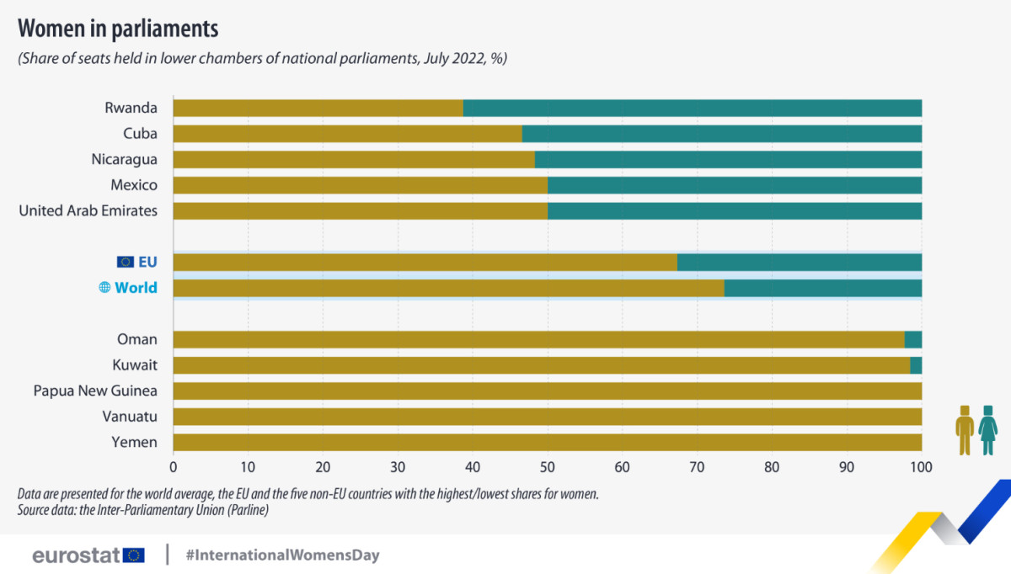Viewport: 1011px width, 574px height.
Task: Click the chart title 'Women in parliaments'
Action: [x=118, y=29]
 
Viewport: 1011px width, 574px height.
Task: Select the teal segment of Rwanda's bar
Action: [x=693, y=109]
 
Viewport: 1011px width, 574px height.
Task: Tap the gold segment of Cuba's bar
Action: [x=347, y=134]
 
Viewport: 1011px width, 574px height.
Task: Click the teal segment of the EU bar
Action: [x=800, y=263]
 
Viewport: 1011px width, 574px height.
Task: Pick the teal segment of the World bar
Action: [x=823, y=288]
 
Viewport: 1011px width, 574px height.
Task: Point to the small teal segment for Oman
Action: [x=913, y=339]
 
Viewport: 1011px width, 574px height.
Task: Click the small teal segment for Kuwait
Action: [x=917, y=365]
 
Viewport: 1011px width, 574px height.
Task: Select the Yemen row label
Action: [x=135, y=443]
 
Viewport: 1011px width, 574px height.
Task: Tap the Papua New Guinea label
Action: [x=95, y=391]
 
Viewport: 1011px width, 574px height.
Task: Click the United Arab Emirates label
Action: [x=88, y=210]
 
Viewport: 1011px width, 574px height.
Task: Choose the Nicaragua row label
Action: [x=124, y=160]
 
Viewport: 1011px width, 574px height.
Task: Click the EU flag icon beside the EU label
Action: [x=126, y=262]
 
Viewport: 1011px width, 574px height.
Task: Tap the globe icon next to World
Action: [x=104, y=287]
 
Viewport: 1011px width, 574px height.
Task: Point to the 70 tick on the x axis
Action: [x=697, y=467]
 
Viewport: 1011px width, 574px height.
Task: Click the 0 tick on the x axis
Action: [x=174, y=467]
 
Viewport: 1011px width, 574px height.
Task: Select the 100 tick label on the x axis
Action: [x=921, y=467]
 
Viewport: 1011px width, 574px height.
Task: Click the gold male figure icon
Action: [x=965, y=430]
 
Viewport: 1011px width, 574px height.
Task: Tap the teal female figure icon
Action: [x=988, y=430]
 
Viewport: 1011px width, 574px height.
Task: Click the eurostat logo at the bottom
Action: [x=88, y=555]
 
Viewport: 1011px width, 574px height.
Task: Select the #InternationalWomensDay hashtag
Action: [x=282, y=555]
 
